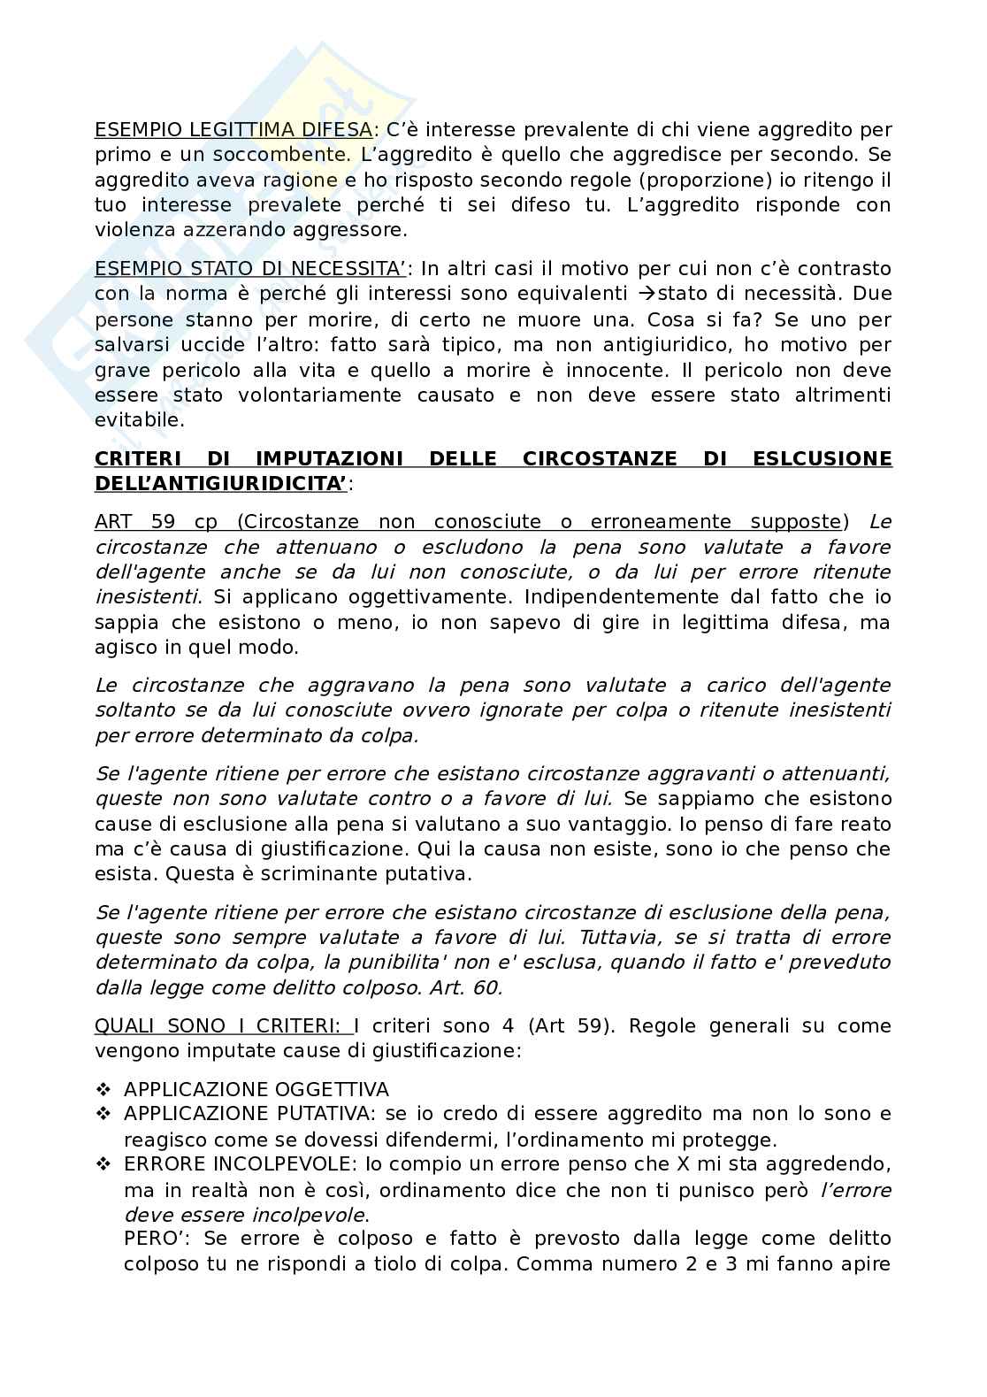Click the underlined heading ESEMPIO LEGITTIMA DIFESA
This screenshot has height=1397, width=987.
[x=233, y=130]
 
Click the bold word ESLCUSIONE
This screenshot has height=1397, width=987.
[x=822, y=458]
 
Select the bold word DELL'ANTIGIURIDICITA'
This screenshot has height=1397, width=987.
[x=220, y=483]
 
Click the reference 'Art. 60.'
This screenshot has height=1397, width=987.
[x=471, y=987]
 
